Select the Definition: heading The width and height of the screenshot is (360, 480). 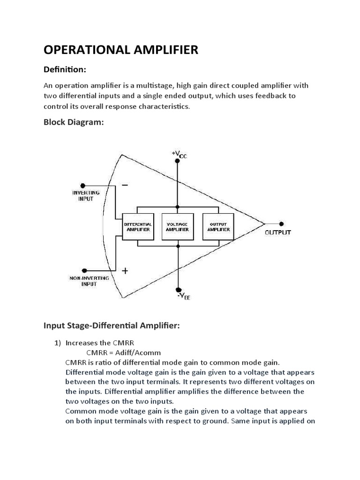65,69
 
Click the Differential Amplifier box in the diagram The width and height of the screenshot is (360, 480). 137,227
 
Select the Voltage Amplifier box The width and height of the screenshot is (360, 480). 178,227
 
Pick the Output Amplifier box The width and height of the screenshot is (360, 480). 218,227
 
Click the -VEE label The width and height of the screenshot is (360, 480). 183,296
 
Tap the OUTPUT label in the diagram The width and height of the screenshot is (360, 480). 278,232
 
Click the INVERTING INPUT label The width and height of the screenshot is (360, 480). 85,195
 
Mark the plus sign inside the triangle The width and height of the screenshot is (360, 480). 125,270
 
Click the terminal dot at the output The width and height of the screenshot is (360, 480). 281,224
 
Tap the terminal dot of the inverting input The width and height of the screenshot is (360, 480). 83,185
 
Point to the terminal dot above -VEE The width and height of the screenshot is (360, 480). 178,289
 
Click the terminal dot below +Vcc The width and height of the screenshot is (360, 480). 178,162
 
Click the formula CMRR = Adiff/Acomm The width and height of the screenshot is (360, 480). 126,352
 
